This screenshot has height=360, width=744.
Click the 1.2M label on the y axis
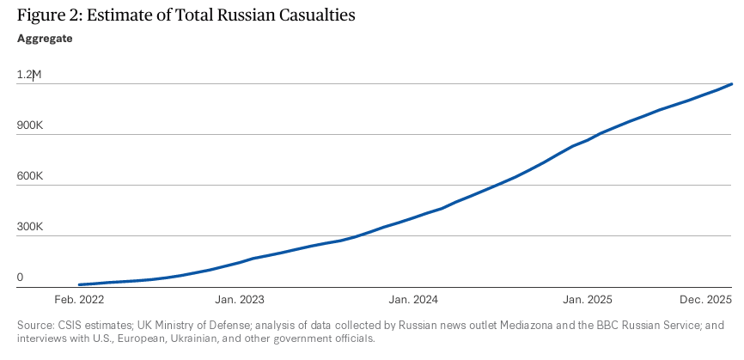click(29, 75)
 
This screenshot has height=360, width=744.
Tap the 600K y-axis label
click(30, 176)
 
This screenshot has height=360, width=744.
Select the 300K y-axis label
click(30, 228)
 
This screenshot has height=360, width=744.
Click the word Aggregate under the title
click(45, 38)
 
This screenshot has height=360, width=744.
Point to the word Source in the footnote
click(35, 325)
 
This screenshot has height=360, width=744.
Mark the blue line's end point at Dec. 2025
click(732, 84)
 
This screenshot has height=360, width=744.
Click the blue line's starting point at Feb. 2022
click(78, 284)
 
